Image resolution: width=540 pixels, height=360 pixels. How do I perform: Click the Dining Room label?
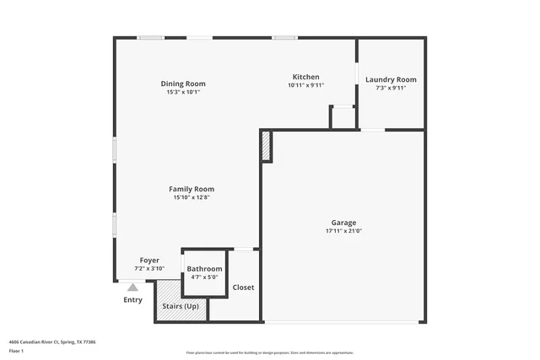coord(183,83)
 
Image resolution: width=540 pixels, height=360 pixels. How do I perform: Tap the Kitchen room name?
coord(305,77)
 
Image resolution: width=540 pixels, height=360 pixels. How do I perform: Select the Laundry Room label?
coord(391,80)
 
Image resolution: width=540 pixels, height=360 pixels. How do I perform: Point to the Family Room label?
coord(192,189)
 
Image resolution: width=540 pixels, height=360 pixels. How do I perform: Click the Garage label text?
coord(343,223)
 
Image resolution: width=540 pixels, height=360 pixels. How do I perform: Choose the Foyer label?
coord(148,261)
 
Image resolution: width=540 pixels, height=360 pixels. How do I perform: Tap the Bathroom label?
coord(204,268)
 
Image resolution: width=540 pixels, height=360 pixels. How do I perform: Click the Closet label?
coord(243,287)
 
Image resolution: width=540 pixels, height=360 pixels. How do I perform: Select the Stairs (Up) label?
coord(181,306)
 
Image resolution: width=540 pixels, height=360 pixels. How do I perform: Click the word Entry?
coord(132,300)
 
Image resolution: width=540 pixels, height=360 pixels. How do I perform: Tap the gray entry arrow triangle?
coord(132,287)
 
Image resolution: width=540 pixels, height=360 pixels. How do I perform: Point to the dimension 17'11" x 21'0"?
coord(343,231)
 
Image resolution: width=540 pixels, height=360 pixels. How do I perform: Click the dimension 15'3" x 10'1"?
coord(183,92)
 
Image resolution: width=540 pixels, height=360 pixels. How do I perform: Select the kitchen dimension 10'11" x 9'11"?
coord(305,85)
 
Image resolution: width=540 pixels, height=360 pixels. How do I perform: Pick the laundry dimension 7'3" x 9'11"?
coord(391,88)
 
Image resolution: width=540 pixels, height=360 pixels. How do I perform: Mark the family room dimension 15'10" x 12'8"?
coord(192,197)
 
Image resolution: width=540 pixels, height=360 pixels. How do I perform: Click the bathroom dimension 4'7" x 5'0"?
coord(204,277)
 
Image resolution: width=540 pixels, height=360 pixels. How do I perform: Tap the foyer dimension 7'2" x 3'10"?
coord(148,269)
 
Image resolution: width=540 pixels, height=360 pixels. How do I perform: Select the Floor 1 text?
coord(16,350)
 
